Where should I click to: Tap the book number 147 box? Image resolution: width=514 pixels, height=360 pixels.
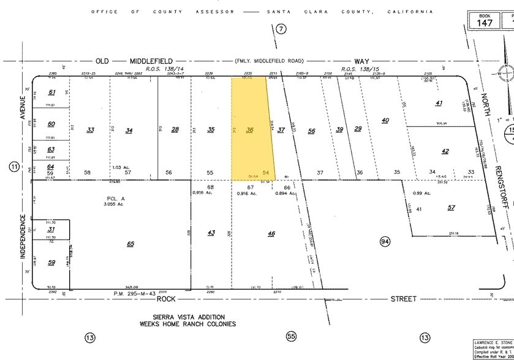485,20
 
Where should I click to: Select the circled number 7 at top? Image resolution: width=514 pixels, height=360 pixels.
281,29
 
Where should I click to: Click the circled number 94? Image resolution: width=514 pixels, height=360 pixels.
385,242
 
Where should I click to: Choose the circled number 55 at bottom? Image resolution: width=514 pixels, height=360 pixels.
292,337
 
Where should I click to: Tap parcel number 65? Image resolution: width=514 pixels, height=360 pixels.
130,244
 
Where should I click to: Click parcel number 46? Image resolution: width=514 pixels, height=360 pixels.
271,233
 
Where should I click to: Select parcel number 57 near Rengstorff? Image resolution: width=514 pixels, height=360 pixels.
452,208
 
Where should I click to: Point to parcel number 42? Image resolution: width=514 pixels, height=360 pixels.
445,151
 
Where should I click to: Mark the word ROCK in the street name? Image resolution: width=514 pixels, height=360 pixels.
167,299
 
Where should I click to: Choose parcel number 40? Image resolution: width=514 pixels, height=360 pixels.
385,120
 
